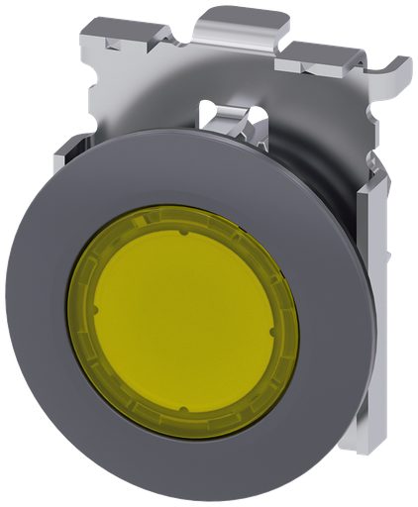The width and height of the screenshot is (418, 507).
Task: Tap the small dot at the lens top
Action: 184,235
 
